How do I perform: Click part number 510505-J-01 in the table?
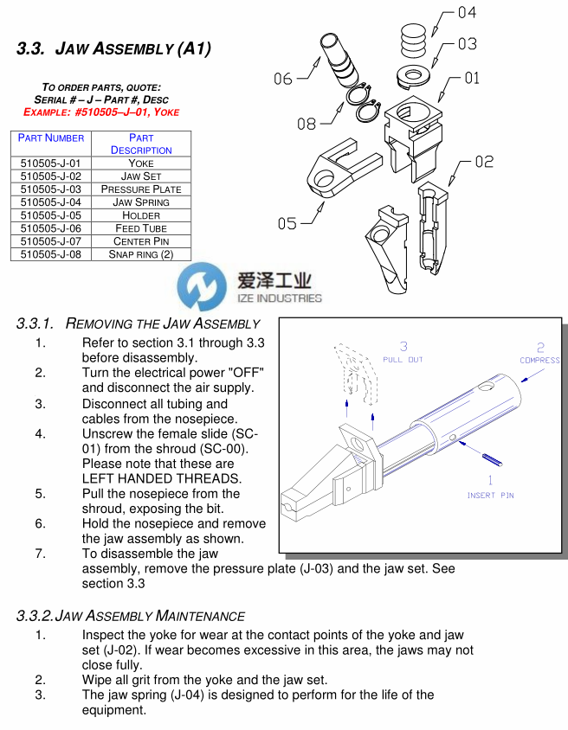(49, 163)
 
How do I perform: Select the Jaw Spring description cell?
(141, 202)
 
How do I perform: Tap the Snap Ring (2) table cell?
(141, 254)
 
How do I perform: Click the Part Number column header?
(51, 138)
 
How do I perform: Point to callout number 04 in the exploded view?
(467, 12)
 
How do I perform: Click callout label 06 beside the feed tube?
(283, 79)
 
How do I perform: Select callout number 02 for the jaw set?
(484, 162)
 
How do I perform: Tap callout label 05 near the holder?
(287, 224)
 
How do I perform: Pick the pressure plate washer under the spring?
(415, 75)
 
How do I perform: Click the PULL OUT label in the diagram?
(403, 359)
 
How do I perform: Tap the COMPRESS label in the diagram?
(539, 360)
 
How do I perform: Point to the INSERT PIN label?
(491, 496)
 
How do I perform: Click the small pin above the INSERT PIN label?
(490, 458)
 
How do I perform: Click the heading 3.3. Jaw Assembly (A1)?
(113, 48)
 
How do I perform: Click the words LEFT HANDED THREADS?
(149, 478)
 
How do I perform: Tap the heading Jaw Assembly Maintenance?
(131, 616)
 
